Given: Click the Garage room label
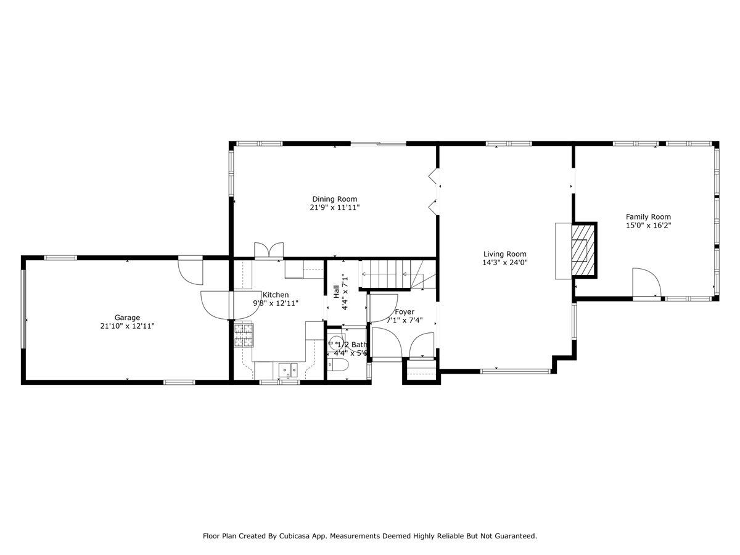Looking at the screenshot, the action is (127, 317).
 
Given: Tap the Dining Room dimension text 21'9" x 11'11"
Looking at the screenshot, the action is (334, 207).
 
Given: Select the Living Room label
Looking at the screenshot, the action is (504, 253).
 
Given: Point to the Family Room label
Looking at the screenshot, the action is (648, 216).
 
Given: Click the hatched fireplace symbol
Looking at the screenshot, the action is (583, 250).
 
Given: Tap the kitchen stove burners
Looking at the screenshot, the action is (244, 335).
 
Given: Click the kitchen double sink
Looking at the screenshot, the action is (288, 370).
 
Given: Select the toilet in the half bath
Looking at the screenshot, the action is (338, 365).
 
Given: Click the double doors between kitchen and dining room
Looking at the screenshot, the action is (269, 251).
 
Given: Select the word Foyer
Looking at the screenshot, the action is (404, 311).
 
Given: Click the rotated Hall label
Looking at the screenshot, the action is (336, 292).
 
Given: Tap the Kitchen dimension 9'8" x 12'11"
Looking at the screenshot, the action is (276, 303).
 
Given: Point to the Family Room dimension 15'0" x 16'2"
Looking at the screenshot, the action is (648, 226).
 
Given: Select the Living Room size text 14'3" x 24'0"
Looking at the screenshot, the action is (504, 262).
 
